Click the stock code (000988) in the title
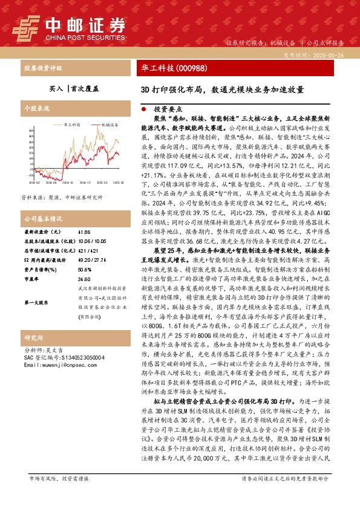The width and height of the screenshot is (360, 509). pyautogui.click(x=190, y=67)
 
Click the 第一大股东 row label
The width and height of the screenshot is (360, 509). pyautogui.click(x=39, y=302)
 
